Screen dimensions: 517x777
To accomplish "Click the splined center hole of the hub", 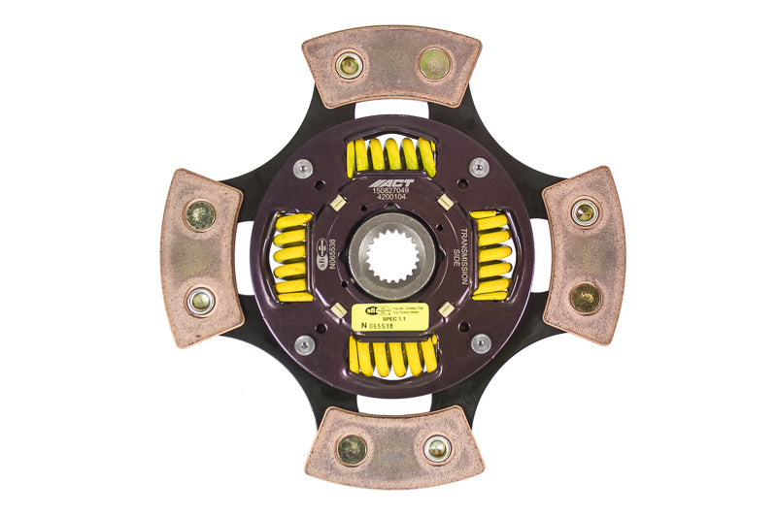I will click(391, 257).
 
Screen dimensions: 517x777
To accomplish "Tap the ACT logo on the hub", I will click(392, 182).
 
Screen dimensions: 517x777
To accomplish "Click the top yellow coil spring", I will click(391, 154).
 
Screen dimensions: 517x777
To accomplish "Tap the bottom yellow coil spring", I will click(392, 356).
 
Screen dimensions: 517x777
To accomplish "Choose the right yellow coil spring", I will click(492, 255).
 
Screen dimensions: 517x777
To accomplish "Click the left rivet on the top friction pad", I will click(348, 65).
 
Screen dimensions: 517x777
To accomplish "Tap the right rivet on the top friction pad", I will click(434, 64).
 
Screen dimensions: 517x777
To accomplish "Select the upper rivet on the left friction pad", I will click(200, 213).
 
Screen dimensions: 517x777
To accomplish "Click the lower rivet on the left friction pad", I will click(201, 301).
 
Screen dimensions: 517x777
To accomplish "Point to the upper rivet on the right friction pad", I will click(585, 212).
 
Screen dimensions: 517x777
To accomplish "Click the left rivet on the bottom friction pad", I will click(351, 448).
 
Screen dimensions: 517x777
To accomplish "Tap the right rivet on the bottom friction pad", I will click(437, 447).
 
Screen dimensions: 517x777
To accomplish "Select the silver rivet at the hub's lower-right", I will click(480, 343).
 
